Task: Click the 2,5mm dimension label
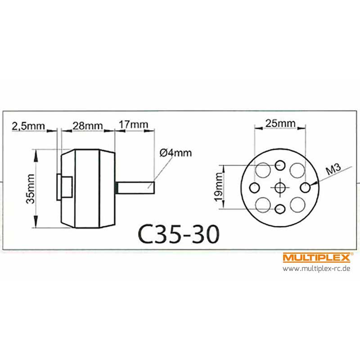28,126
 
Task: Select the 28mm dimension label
88,126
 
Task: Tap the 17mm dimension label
133,125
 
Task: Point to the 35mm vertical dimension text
31,189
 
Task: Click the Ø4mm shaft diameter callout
175,153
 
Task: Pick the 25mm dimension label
280,123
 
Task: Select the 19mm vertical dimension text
219,187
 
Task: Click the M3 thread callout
333,170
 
